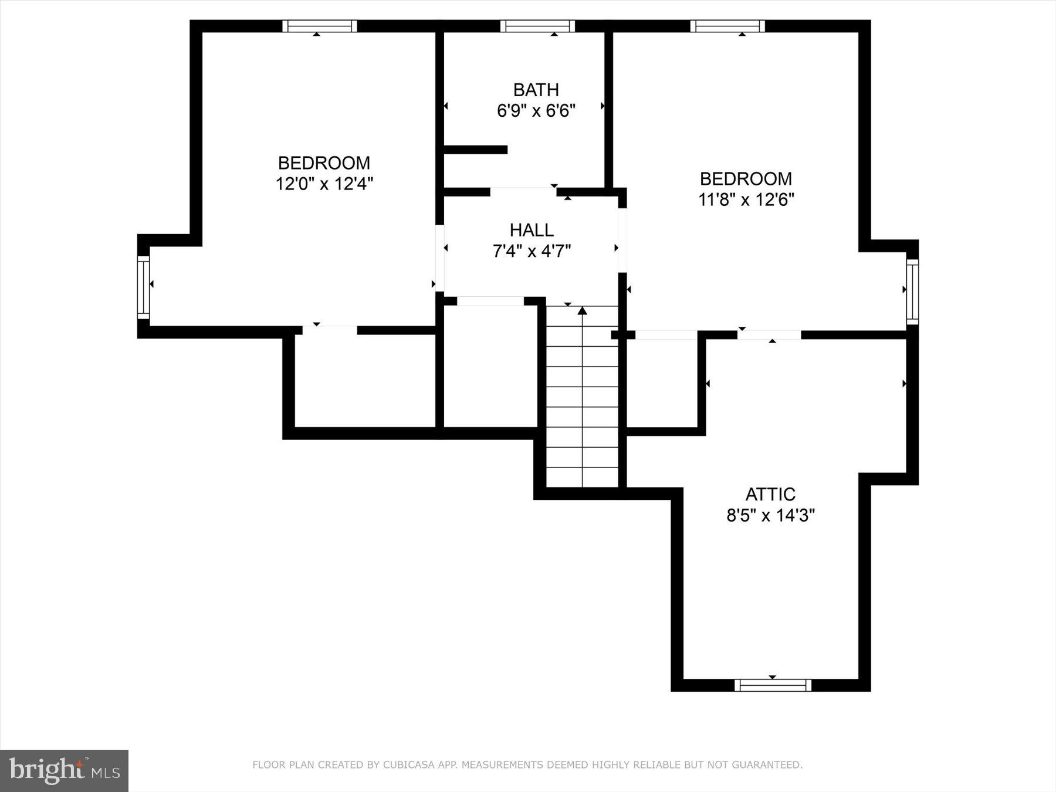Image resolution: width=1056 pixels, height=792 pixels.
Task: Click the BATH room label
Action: coord(536,90)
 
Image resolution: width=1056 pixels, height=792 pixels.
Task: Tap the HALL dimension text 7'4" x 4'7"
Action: coord(532,251)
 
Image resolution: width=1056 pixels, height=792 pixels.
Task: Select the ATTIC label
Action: coord(770,494)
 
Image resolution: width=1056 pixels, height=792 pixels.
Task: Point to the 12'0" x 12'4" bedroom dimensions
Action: coord(324,184)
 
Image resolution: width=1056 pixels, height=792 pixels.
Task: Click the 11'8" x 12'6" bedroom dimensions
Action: coord(746,199)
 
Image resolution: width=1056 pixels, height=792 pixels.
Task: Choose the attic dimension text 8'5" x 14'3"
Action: coord(770,516)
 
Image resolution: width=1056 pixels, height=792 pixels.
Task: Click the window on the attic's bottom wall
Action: coord(773,685)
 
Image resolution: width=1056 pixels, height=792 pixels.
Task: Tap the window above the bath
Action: coord(537,26)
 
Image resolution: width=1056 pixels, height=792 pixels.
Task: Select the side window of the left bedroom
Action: coord(144,287)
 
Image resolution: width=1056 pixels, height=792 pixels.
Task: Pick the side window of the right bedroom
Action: coord(912,292)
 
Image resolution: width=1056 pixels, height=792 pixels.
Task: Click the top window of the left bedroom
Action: coord(319,26)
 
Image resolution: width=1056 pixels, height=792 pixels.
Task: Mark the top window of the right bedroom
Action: coord(727,26)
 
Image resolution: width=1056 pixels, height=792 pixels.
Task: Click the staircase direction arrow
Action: coord(582,311)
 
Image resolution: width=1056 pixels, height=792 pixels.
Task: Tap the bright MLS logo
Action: coord(64,770)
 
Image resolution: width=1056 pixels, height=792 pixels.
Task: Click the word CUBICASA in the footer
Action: coord(404,765)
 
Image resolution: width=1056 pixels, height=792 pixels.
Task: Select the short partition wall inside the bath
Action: coord(475,150)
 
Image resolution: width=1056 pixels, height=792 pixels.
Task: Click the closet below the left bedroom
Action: coord(364,381)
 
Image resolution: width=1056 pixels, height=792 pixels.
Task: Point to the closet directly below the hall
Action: coord(490,367)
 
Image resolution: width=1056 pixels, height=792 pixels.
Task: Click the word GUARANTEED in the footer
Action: coord(769,765)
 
